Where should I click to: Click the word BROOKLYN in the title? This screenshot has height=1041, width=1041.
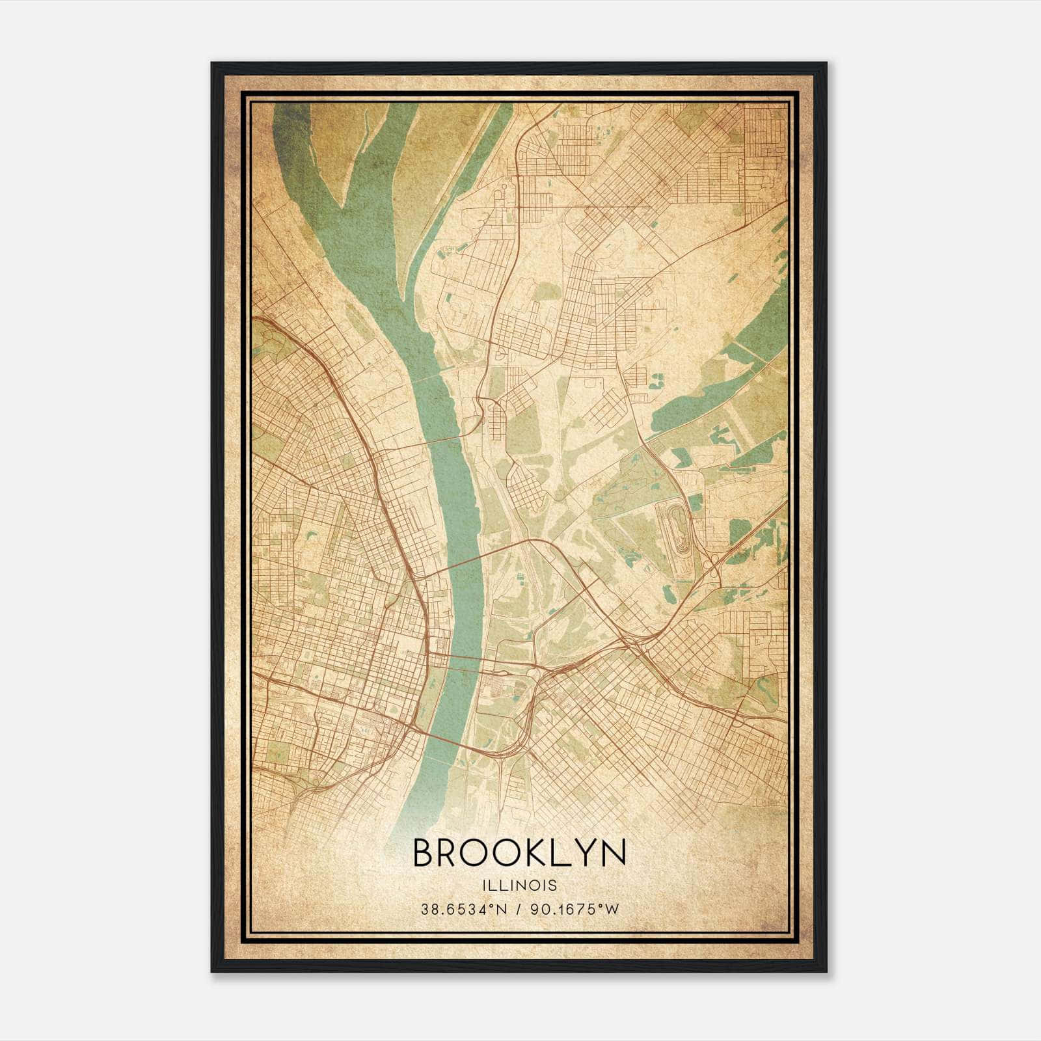point(519,852)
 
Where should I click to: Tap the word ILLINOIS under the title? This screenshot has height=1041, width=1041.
point(519,886)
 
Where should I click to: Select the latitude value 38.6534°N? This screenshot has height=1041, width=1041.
point(462,910)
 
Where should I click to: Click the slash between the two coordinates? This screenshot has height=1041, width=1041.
point(519,910)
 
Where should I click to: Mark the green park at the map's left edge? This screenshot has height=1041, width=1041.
point(264,338)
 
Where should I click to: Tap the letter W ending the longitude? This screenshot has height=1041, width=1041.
point(612,910)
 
